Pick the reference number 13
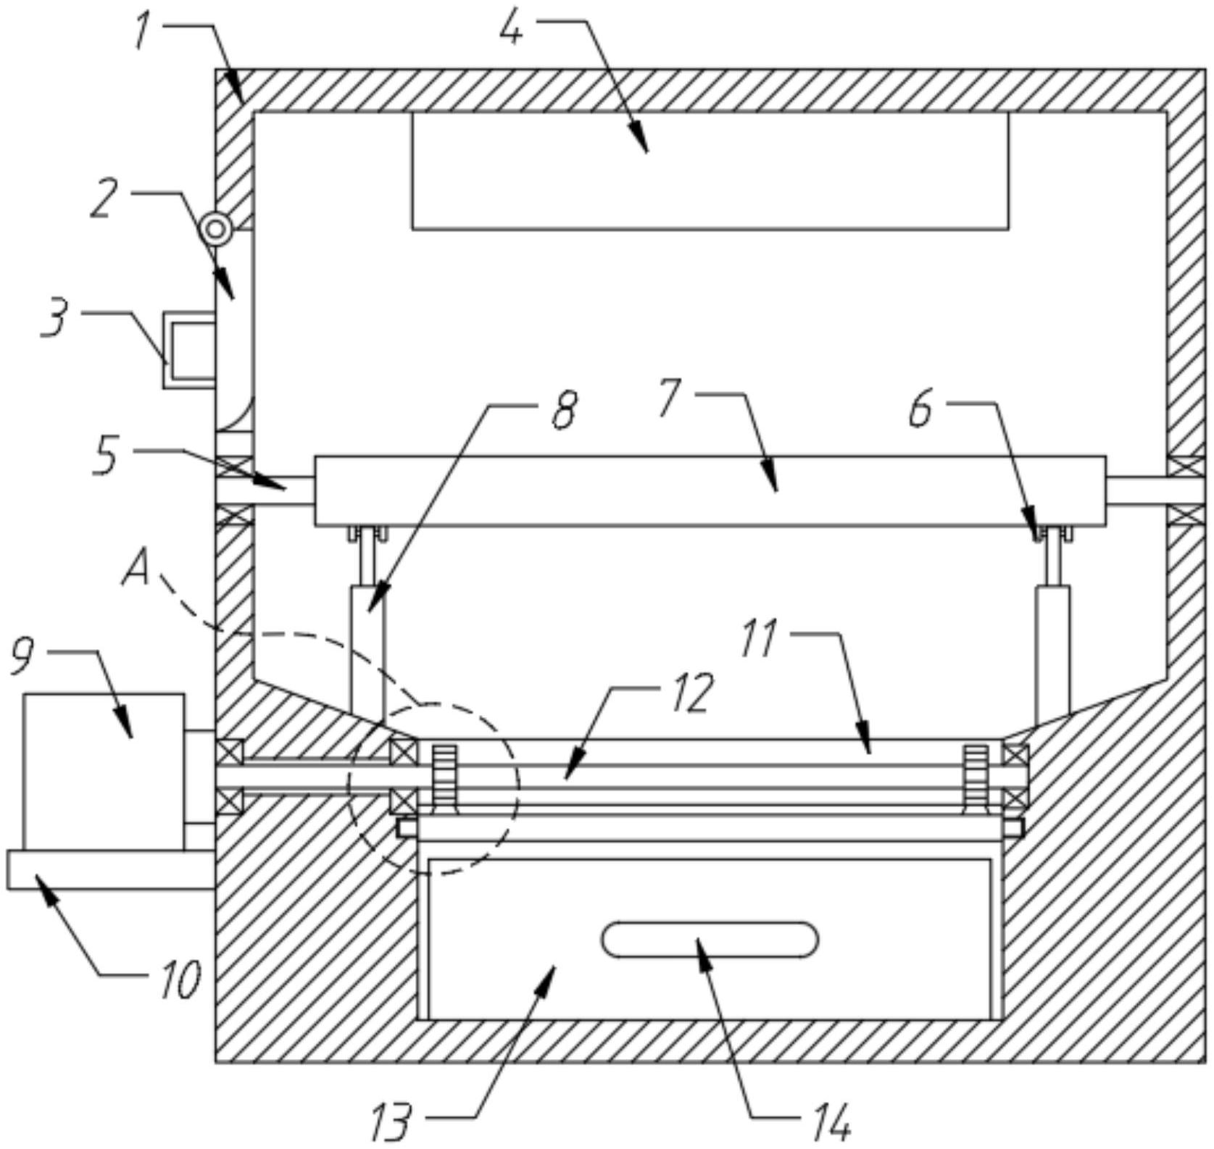[391, 1121]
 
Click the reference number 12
[692, 692]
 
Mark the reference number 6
[920, 411]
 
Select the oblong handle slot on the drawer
[710, 940]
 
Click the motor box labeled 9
[103, 771]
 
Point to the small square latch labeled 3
[188, 350]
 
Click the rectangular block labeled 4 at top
[710, 171]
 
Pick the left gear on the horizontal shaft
[444, 776]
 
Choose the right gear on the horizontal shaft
[976, 776]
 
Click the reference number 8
[564, 409]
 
